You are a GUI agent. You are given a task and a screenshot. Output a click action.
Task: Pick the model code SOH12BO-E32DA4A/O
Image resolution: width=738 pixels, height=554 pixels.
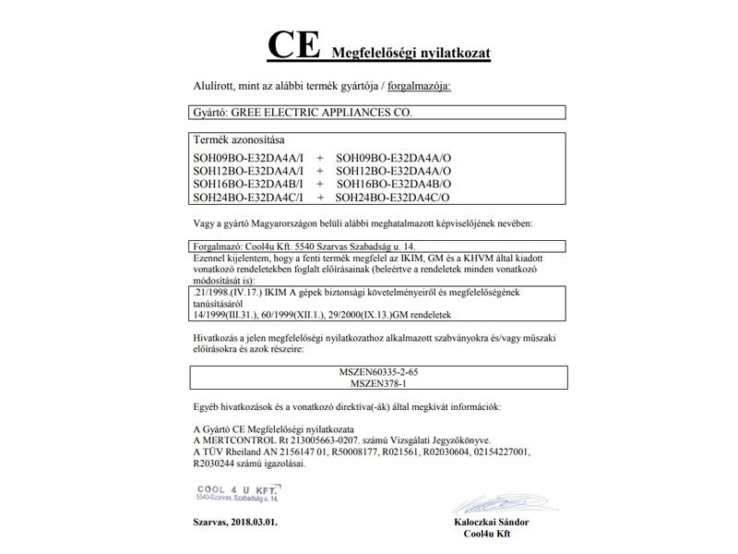[x=393, y=171]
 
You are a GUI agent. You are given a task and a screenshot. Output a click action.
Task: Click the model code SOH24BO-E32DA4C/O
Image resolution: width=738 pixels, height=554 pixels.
[x=393, y=197]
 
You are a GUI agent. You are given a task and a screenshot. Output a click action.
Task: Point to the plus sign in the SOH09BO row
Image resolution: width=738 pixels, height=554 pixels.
[x=319, y=158]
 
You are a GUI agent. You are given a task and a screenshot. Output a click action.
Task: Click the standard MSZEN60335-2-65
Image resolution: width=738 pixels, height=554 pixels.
[x=384, y=371]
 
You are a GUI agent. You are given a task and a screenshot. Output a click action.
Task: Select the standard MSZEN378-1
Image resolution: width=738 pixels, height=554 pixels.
[x=384, y=382]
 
